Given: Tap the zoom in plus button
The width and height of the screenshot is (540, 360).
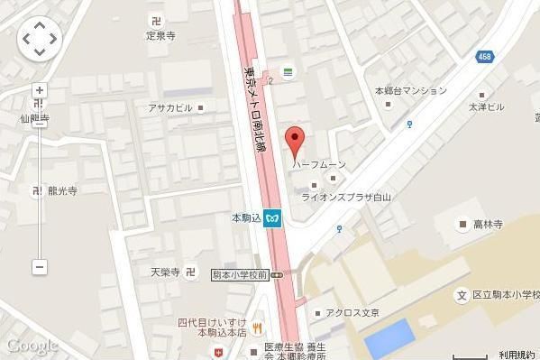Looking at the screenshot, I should pyautogui.click(x=39, y=90).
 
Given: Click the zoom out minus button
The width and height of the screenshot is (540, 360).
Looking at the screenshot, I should pyautogui.click(x=39, y=267).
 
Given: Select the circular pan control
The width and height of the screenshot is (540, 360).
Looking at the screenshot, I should pyautogui.click(x=39, y=39).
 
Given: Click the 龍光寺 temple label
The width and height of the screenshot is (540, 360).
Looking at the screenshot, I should pyautogui.click(x=61, y=190).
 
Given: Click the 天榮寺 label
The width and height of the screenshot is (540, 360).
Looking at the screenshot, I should pyautogui.click(x=166, y=271).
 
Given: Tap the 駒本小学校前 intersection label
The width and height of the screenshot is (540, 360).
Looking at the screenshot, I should pyautogui.click(x=242, y=274).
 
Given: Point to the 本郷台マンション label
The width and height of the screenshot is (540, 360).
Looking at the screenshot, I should pyautogui.click(x=411, y=90).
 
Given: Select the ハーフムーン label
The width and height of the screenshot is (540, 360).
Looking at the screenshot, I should pyautogui.click(x=319, y=164).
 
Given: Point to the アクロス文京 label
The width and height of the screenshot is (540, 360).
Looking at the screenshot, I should pyautogui.click(x=351, y=312).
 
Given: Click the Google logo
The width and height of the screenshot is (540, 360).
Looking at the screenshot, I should pyautogui.click(x=32, y=345).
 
